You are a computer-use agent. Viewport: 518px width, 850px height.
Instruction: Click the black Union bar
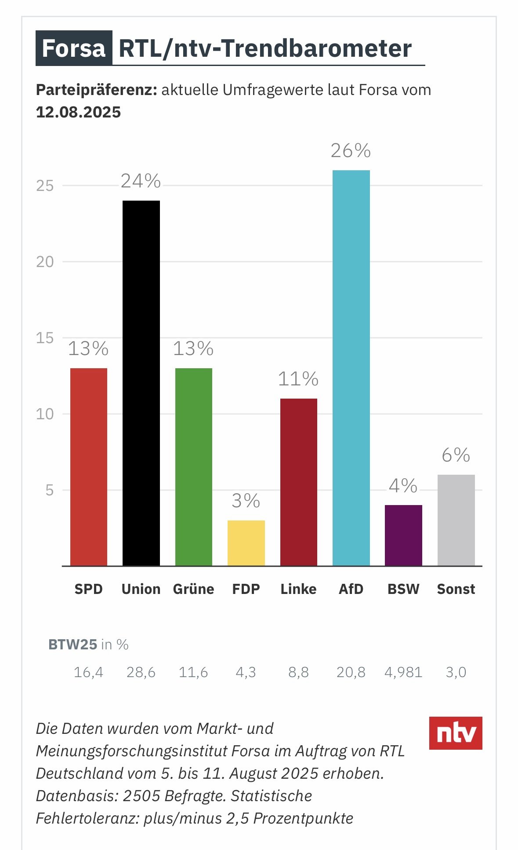[x=141, y=383]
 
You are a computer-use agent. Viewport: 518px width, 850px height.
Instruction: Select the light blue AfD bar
[x=351, y=367]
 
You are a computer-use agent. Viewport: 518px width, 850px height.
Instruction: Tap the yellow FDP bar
[x=246, y=543]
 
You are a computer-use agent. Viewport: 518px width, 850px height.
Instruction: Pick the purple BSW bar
[x=403, y=535]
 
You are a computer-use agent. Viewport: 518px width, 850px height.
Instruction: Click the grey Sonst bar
[x=456, y=520]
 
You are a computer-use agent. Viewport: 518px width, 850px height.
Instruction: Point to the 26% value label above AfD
[x=351, y=151]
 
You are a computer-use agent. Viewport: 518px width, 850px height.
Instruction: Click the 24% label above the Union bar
[x=141, y=181]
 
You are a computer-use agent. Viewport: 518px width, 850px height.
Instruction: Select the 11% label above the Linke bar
[x=298, y=379]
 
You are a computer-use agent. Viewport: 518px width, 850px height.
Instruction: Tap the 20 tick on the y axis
[x=45, y=262]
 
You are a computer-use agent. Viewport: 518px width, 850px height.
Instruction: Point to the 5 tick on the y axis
[x=49, y=490]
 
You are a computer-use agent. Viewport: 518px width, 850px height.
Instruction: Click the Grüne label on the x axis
[x=193, y=589]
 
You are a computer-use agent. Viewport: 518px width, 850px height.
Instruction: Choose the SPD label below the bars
[x=88, y=589]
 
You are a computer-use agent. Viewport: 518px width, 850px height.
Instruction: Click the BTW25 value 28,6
[x=141, y=672]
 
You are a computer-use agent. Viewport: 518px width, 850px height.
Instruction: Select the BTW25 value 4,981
[x=403, y=672]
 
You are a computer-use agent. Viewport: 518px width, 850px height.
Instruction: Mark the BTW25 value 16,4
[x=88, y=672]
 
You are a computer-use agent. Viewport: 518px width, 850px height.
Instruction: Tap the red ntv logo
[x=456, y=733]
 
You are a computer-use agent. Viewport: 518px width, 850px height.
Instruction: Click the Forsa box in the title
[x=74, y=48]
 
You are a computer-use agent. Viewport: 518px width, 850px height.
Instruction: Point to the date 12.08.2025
[x=78, y=112]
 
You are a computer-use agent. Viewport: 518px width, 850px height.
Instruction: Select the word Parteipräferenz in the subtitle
[x=96, y=90]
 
